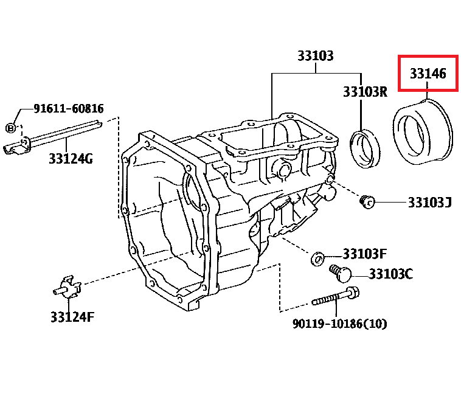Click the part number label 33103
coord(316,55)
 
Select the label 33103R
coord(365,92)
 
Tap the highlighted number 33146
coord(428,74)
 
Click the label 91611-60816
coord(69,108)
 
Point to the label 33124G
coord(71,159)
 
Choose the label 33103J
coord(430,202)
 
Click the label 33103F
coord(364,254)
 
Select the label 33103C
coord(391,274)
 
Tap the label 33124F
coord(72,317)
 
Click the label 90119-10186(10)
coord(339,324)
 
